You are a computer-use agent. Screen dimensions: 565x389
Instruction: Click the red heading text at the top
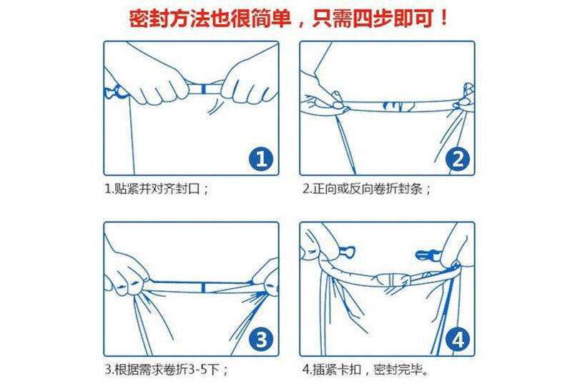tap(288, 18)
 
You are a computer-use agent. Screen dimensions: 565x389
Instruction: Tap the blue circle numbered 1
tap(261, 159)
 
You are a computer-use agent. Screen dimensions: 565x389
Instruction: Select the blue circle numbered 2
tap(458, 159)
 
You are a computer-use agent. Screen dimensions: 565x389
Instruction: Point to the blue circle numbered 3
tap(261, 339)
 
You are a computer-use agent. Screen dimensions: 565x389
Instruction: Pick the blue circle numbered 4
tap(458, 339)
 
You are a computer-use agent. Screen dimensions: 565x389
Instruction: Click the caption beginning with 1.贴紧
tap(157, 188)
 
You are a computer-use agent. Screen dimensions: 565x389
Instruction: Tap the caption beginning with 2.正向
tap(366, 188)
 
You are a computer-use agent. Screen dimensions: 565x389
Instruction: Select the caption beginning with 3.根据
tap(166, 369)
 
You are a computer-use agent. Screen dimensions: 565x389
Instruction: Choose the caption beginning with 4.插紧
tap(365, 369)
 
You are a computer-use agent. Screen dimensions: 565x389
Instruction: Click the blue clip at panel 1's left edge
tap(114, 92)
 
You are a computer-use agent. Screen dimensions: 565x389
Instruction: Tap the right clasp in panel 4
tap(428, 255)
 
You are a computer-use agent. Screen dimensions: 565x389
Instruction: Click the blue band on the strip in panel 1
tap(204, 89)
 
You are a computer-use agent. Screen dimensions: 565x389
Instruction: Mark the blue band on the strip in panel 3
tap(203, 287)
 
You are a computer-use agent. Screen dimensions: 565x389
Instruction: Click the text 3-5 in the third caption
tap(197, 369)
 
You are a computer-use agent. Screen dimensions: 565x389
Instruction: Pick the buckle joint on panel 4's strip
tap(392, 280)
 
